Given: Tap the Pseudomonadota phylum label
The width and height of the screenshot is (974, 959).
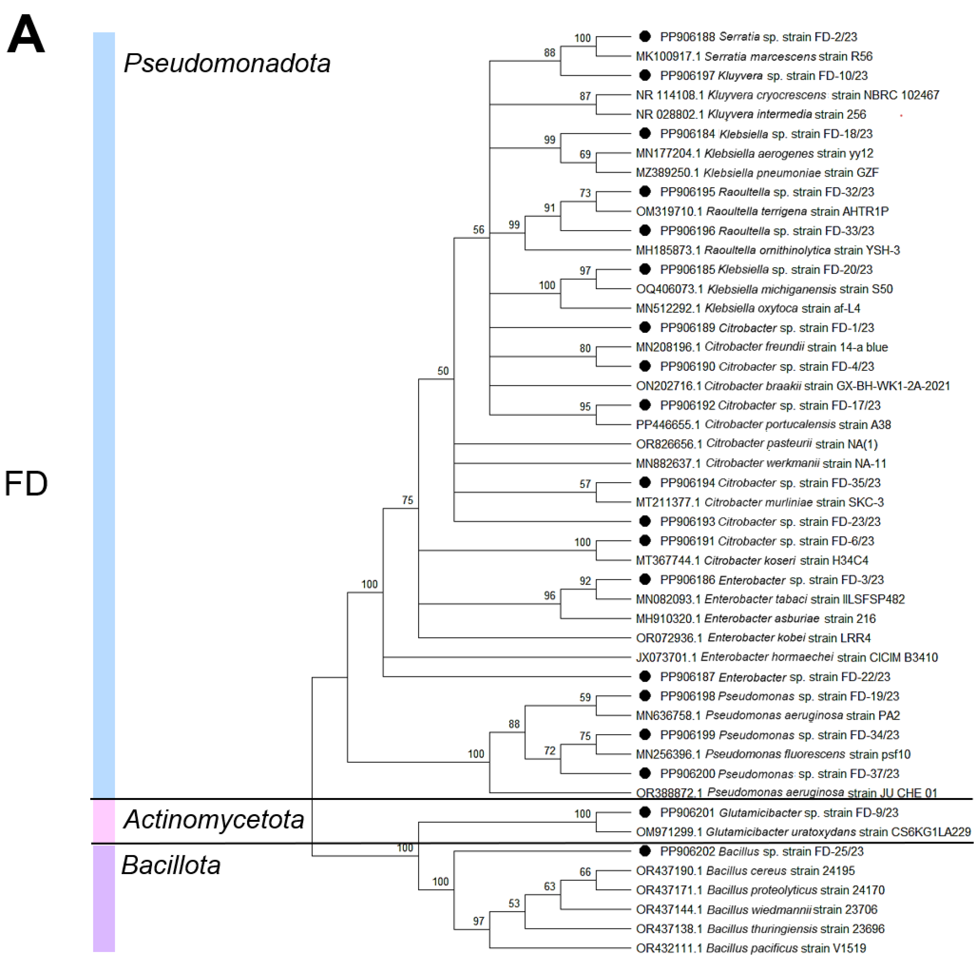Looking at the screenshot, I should point(227,63).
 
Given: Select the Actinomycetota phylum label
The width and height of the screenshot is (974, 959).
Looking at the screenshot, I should point(214,819).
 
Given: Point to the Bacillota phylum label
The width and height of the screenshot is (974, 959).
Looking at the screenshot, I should point(171,865).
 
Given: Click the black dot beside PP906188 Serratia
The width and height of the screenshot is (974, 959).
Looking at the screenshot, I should point(645,36).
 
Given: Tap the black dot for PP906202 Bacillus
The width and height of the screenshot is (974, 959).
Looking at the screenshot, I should point(645,851).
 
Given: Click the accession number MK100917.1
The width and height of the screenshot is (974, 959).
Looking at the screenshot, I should point(668,56).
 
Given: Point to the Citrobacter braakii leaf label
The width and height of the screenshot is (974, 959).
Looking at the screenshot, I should point(793,386).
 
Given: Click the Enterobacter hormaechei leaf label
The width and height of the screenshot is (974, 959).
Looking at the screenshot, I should point(787,657).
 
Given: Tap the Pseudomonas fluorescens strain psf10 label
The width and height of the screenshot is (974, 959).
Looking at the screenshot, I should point(773,755).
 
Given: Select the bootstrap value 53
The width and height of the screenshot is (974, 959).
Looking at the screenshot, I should point(514,903).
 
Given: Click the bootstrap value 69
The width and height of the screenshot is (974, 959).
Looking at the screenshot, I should point(585,154).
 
